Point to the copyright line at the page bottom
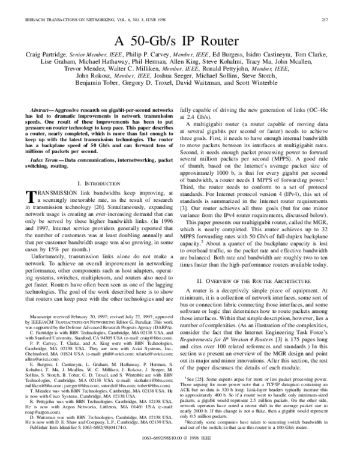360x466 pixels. point(180,456)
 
